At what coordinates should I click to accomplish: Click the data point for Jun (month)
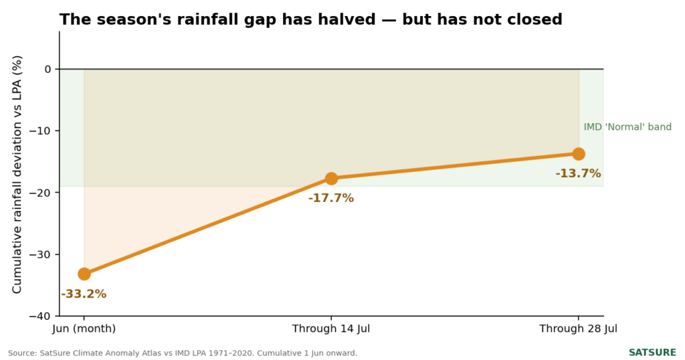point(84,274)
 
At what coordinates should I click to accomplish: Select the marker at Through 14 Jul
point(331,178)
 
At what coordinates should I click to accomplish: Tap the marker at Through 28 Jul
point(579,154)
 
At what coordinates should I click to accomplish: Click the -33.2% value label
point(84,294)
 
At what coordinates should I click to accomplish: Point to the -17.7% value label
point(331,198)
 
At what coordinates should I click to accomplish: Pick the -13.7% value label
point(578,173)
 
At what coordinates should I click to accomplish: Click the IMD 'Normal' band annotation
point(627,126)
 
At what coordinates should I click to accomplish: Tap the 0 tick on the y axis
point(47,69)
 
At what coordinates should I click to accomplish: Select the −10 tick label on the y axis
point(40,130)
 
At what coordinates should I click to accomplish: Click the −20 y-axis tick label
point(40,193)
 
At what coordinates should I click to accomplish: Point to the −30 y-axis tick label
point(40,254)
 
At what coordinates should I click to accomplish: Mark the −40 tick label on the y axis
point(40,316)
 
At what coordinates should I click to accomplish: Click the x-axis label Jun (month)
point(84,329)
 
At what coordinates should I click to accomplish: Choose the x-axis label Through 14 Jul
point(331,329)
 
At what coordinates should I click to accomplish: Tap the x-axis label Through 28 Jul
point(579,329)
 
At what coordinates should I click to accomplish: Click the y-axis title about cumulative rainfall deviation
point(17,175)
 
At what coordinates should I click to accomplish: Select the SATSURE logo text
point(652,353)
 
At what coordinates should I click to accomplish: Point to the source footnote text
point(183,353)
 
